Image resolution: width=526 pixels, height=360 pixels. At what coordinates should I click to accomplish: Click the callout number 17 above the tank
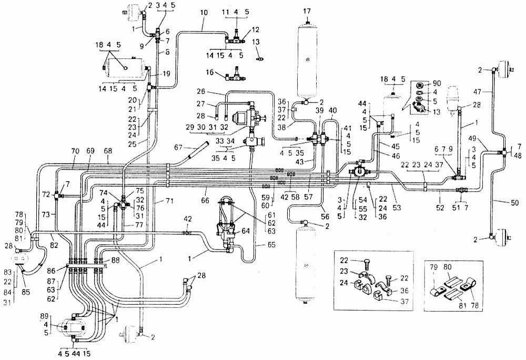coord(307,12)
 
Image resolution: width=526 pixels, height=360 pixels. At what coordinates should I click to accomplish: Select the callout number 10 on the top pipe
coord(204,13)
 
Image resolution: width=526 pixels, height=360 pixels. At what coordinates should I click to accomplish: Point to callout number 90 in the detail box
coord(437,83)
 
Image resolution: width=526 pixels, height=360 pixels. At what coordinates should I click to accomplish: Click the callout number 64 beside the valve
coord(246,231)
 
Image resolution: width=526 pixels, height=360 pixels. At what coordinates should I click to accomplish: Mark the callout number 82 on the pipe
coord(54,245)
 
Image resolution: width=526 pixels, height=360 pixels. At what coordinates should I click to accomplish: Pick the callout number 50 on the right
coord(514,202)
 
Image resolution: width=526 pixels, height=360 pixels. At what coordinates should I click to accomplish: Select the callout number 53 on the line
coord(397,208)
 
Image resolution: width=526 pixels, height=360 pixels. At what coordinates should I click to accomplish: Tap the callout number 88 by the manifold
coord(116,259)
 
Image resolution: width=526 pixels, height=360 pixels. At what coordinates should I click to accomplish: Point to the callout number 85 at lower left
coord(26,292)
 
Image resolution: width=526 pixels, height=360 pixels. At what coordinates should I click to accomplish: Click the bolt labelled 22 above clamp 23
coord(366,264)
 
